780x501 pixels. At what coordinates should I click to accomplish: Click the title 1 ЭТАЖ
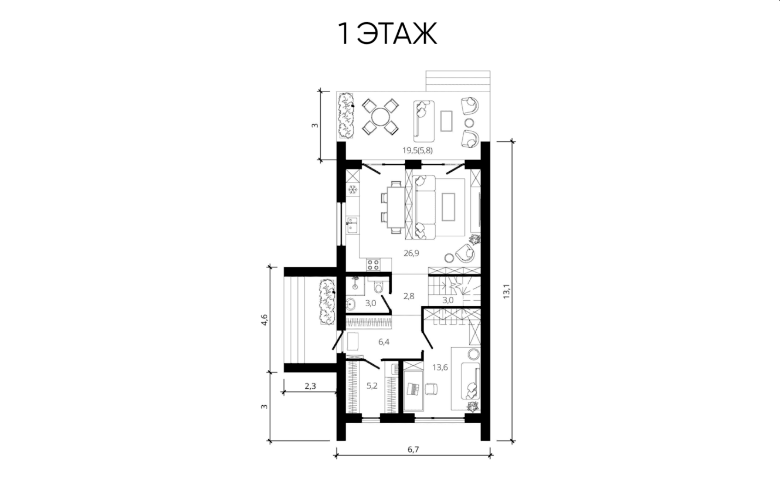pos(387,34)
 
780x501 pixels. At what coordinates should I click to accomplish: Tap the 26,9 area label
pos(411,253)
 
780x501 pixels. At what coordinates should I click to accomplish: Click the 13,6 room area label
pos(440,367)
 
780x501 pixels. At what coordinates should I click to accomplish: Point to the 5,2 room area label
pos(372,386)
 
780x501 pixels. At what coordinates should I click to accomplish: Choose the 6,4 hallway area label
pos(384,342)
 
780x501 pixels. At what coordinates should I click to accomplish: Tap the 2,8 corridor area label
pos(409,297)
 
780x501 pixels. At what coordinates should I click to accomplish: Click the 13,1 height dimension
pos(507,291)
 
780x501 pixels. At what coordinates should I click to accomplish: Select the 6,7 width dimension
pos(414,449)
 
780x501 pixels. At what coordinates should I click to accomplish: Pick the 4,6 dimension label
pos(264,320)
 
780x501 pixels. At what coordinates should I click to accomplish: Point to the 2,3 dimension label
pos(310,386)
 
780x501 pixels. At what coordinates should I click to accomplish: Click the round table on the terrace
pos(381,117)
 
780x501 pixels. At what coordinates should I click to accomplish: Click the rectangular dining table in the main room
pos(396,207)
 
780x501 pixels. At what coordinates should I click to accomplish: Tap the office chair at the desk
pos(431,389)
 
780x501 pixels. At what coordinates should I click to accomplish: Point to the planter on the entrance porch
pos(327,302)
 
